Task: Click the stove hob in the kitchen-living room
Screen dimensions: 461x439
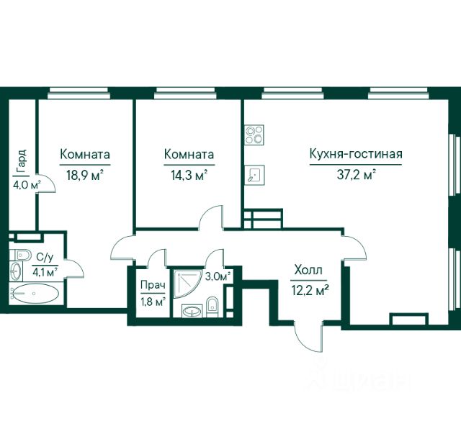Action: point(254,135)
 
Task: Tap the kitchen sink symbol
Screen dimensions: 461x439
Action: point(254,175)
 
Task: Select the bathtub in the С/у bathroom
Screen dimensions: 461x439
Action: point(34,293)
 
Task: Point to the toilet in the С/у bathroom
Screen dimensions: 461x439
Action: point(20,255)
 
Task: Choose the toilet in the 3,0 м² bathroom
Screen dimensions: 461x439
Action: point(212,307)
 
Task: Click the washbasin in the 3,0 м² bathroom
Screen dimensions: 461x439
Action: point(192,311)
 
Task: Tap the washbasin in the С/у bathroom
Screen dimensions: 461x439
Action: point(16,271)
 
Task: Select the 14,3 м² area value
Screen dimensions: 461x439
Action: point(189,176)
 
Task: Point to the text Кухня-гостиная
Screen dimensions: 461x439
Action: point(356,154)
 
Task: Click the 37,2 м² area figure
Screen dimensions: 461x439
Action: point(357,176)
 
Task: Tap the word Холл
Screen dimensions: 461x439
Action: point(308,270)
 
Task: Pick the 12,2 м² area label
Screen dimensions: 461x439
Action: point(310,291)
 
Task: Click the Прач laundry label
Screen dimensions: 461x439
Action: point(153,285)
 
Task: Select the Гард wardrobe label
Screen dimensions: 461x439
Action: point(22,161)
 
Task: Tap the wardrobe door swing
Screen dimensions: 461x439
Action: point(46,183)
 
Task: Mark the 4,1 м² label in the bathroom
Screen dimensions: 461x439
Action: point(45,272)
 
